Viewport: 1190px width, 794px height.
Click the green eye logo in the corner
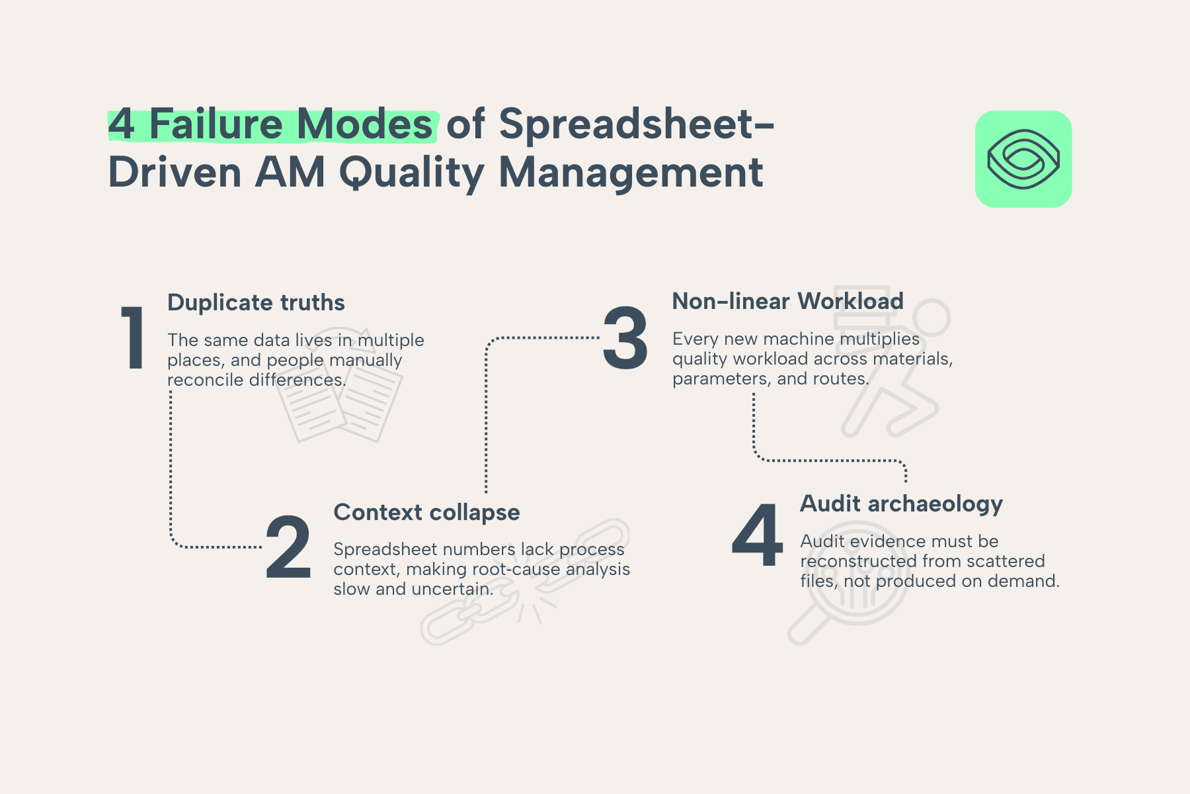(1023, 159)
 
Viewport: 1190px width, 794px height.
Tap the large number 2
(288, 548)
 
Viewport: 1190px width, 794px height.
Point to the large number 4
(758, 536)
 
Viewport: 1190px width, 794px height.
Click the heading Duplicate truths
(256, 302)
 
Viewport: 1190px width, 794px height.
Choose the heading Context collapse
(426, 512)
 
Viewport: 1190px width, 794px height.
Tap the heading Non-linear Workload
(787, 301)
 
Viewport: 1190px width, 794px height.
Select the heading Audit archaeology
(901, 504)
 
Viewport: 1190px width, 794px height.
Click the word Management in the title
(631, 173)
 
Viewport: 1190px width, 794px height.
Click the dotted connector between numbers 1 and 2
(171, 470)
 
